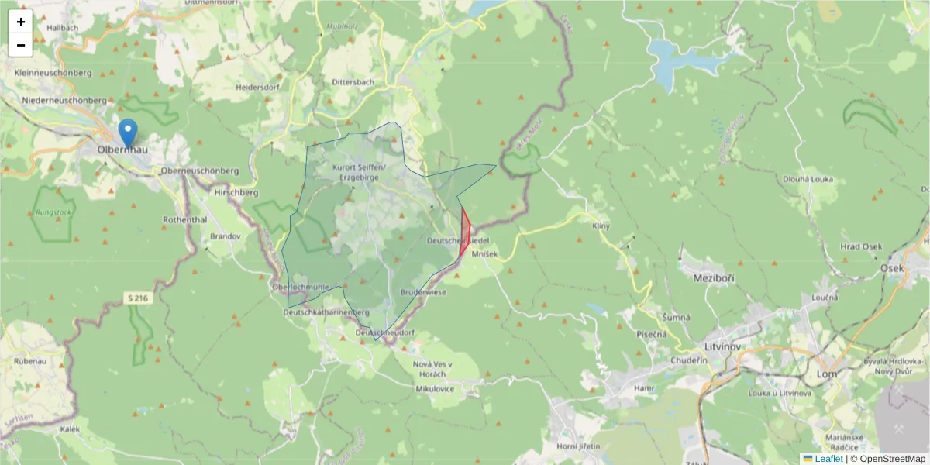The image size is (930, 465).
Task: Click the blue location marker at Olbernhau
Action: click(x=128, y=133)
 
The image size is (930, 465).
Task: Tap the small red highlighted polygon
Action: click(x=465, y=232)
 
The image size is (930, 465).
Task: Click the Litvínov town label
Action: click(x=725, y=346)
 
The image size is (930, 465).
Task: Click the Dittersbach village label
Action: click(x=353, y=81)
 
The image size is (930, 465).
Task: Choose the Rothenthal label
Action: click(x=184, y=219)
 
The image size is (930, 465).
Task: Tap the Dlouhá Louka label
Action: click(x=808, y=179)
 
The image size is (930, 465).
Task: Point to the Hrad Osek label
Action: click(x=861, y=246)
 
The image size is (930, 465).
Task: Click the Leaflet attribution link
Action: click(x=828, y=459)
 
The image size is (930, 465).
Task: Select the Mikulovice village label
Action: click(x=435, y=388)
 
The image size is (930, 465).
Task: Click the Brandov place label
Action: click(x=226, y=236)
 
